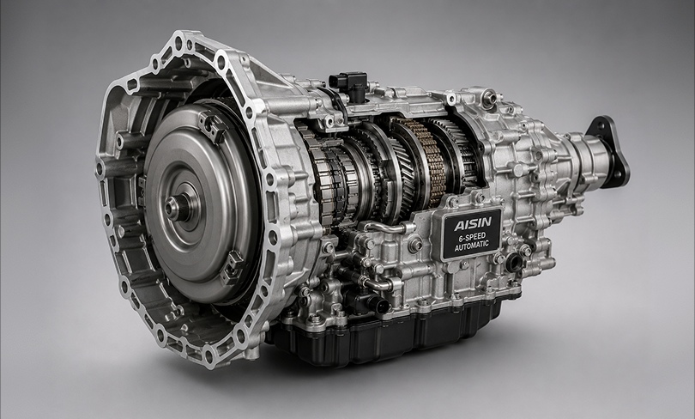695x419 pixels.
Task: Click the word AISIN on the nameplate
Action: coord(473,223)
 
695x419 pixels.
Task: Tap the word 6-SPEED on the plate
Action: coord(472,236)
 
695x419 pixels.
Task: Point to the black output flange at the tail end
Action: coord(610,151)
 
